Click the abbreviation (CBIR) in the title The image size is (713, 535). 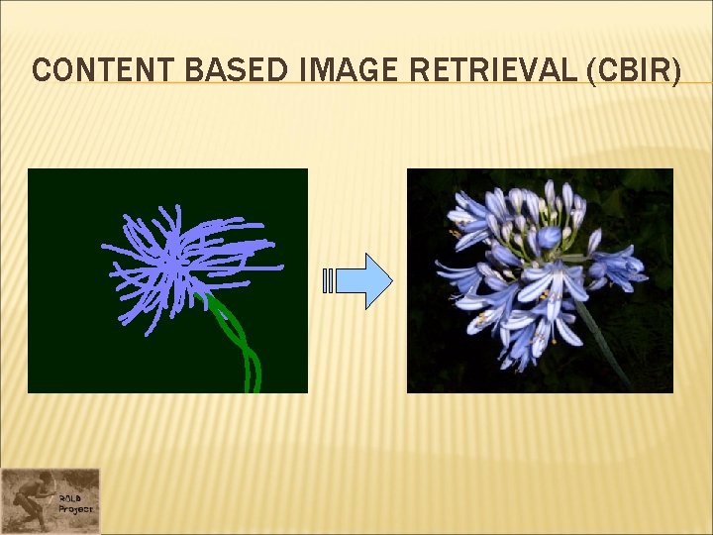pos(634,70)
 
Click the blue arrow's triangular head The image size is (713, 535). pos(377,281)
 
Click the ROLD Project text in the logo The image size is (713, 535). pos(74,502)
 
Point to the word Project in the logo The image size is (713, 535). pos(75,508)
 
